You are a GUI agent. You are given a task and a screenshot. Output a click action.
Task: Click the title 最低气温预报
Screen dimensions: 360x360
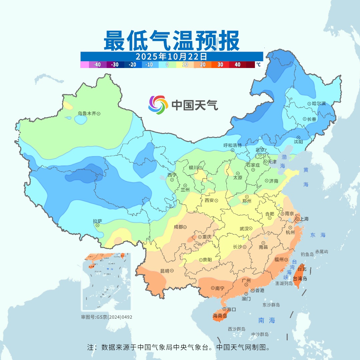171,40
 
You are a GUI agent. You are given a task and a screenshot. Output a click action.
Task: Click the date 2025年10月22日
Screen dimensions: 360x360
171,56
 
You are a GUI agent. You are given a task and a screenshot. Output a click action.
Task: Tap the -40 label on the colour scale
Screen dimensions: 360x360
97,65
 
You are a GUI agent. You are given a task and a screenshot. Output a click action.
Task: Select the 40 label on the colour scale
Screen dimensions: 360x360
238,65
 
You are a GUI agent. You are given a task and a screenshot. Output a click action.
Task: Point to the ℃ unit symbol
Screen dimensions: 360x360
258,65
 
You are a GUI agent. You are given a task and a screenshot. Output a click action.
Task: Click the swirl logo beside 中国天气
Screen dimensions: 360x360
158,105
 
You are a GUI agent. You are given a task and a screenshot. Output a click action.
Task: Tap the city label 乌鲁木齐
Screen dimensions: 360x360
87,114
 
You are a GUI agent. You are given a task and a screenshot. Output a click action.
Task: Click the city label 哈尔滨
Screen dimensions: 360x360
319,104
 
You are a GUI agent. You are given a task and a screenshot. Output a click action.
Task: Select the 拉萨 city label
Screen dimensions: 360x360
97,221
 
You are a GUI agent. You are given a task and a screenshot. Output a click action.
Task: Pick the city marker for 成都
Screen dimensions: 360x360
185,227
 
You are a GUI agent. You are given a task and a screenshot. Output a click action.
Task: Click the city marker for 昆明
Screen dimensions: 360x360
172,271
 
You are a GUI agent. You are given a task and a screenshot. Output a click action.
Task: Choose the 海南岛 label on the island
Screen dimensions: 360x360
220,316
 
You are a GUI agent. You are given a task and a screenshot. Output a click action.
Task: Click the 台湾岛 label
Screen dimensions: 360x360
300,279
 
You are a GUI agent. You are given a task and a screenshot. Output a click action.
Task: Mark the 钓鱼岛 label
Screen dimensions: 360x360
307,254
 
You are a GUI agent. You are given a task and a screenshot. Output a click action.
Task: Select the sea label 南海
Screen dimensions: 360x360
267,320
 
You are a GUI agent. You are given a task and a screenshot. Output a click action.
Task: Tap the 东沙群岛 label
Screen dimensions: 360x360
271,305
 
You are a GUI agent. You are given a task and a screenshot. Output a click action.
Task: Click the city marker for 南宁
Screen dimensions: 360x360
213,288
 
